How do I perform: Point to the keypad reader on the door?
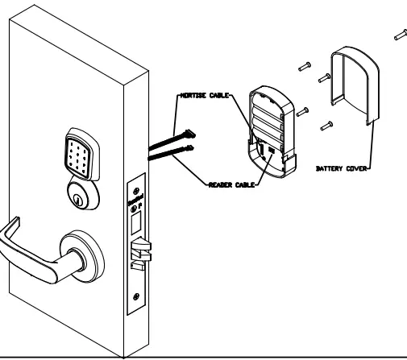pyautogui.click(x=81, y=152)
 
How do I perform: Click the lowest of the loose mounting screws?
pyautogui.click(x=326, y=125)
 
